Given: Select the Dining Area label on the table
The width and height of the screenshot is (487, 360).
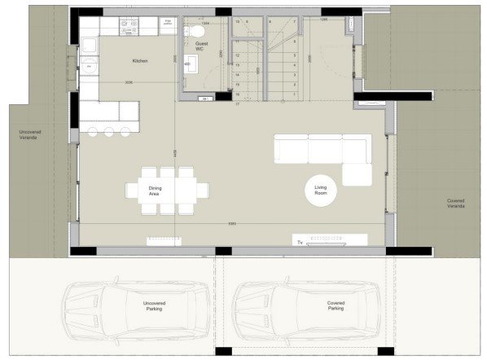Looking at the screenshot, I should point(154,191).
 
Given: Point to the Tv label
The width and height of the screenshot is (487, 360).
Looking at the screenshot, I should point(299,241).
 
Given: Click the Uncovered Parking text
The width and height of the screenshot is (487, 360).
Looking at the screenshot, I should point(148,307).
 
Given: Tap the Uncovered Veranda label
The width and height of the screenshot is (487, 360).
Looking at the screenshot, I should point(33,134).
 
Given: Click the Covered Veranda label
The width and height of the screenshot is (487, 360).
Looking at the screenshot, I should point(456,204).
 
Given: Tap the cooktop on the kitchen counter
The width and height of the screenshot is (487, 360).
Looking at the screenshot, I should point(127,25).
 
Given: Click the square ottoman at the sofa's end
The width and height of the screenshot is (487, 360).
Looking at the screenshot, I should point(357,174).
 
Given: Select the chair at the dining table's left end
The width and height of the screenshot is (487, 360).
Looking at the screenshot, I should point(133,191).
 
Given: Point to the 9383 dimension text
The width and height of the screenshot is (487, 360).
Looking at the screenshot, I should point(231,223).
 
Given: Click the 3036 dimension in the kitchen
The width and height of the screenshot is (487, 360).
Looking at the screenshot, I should point(130,81).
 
